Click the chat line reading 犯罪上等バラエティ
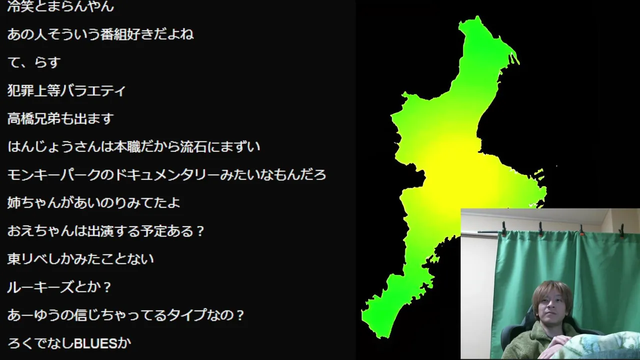(66, 91)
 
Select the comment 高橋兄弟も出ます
(60, 119)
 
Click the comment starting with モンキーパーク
(166, 175)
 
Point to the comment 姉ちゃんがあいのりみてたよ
(93, 203)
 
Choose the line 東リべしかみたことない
(80, 259)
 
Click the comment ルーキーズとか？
(59, 287)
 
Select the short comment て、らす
(34, 62)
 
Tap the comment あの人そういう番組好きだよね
(100, 34)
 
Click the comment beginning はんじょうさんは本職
(133, 147)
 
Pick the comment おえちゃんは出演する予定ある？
(105, 231)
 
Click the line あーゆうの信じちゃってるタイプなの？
(125, 315)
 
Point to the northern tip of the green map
(477, 16)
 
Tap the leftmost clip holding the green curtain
(503, 228)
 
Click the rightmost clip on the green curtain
(621, 231)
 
